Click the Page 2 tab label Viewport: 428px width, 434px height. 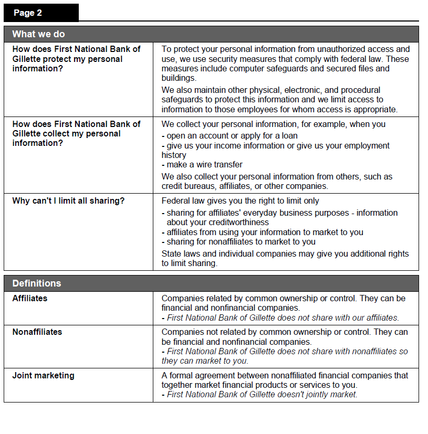pyautogui.click(x=28, y=13)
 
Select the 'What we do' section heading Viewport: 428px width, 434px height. pyautogui.click(x=38, y=34)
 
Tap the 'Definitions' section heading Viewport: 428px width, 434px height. pyautogui.click(x=37, y=283)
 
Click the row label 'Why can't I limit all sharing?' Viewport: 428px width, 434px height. pyautogui.click(x=68, y=200)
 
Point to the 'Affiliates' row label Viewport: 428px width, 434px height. pyautogui.click(x=30, y=298)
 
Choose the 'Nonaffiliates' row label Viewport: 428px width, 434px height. pyautogui.click(x=37, y=332)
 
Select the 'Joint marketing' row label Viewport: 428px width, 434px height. pyautogui.click(x=43, y=375)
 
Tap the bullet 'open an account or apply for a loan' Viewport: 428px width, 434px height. pyautogui.click(x=231, y=135)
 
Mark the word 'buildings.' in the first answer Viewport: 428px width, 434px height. pyautogui.click(x=179, y=78)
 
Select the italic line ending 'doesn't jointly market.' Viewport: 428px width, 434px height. pyautogui.click(x=262, y=394)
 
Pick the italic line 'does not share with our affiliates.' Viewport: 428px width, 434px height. pyautogui.click(x=282, y=317)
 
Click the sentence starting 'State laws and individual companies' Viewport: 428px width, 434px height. pyautogui.click(x=285, y=253)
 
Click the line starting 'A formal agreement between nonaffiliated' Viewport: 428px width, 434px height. pyautogui.click(x=285, y=375)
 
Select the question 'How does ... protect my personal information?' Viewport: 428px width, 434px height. pyautogui.click(x=76, y=59)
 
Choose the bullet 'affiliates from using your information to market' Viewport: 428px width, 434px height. pyautogui.click(x=265, y=232)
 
